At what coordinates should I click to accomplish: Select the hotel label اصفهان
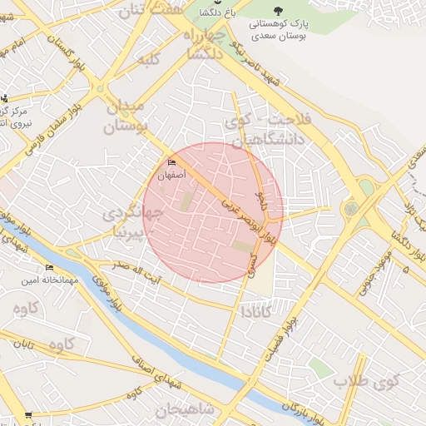171,176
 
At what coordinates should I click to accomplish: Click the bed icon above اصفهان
171,161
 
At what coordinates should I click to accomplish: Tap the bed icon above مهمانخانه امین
49,267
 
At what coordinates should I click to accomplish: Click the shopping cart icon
28,415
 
